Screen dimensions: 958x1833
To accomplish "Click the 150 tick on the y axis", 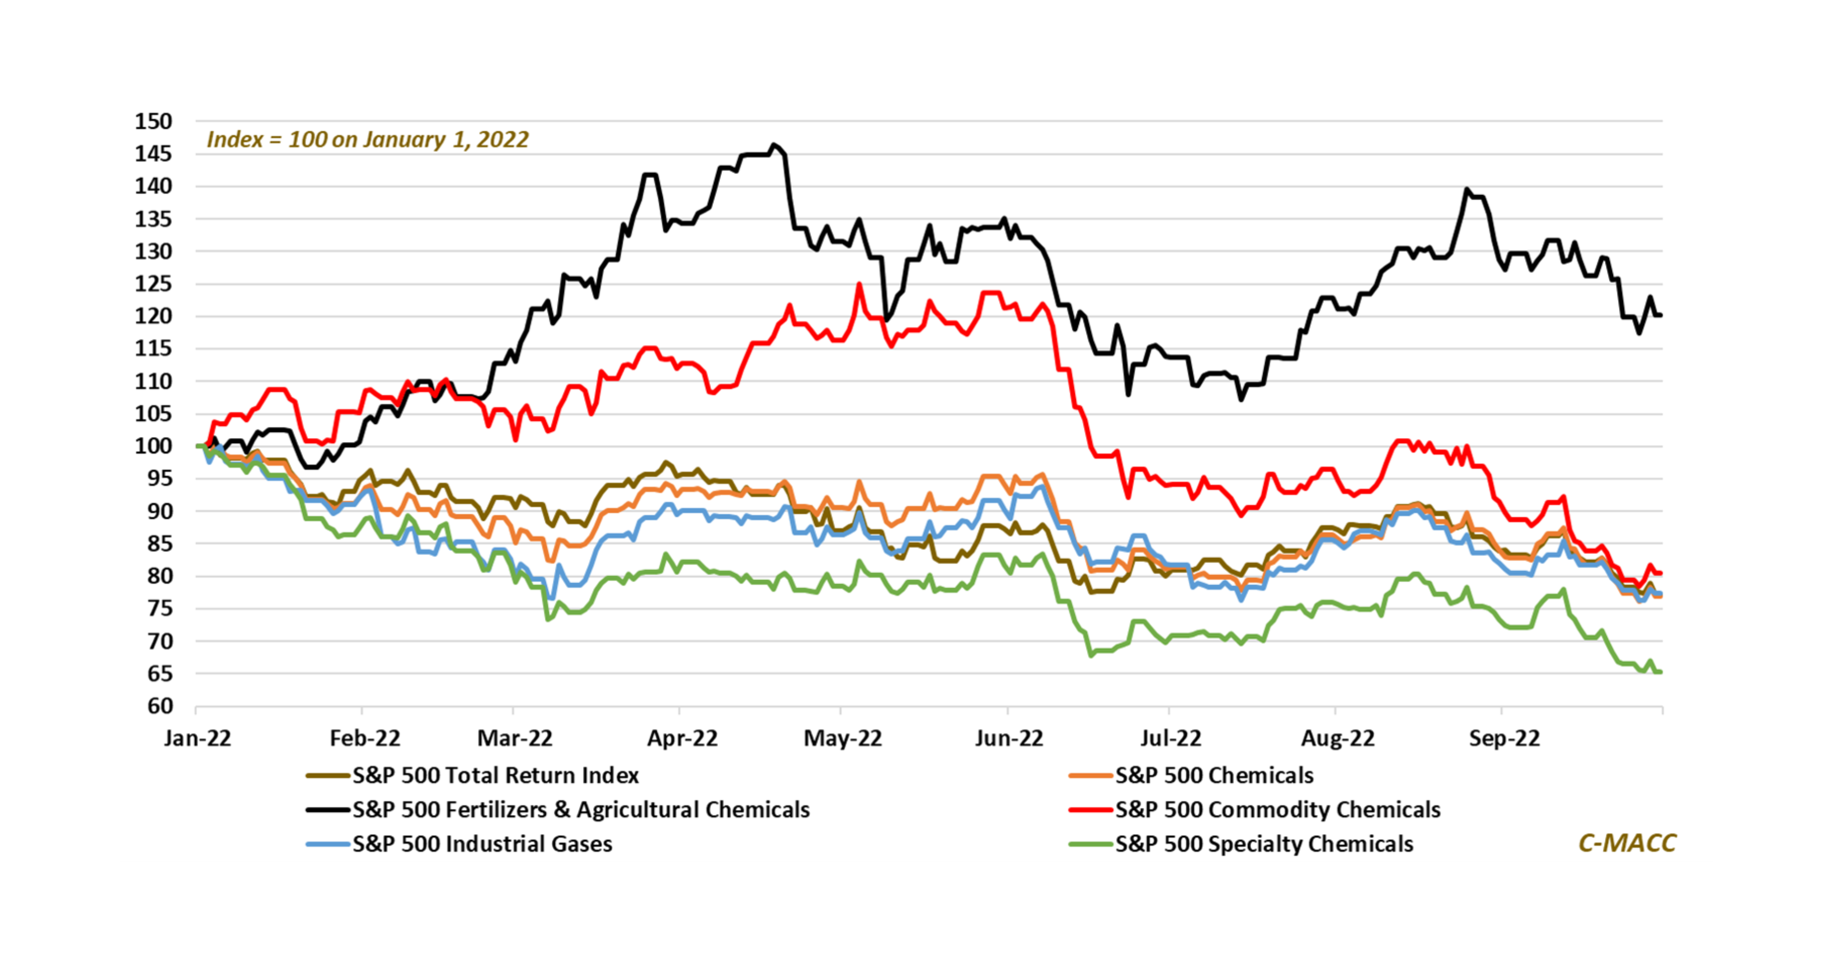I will point(154,122).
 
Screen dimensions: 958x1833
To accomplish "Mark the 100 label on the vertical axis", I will point(154,446).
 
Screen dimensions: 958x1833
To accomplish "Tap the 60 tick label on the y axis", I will point(160,706).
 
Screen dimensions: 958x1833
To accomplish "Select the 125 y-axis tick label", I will point(154,284).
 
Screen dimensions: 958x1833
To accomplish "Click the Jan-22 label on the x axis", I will point(197,738).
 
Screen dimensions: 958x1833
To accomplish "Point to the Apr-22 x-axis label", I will point(682,738).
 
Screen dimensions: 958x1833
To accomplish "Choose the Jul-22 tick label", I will point(1171,738).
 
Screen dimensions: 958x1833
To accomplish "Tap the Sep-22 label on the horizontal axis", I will point(1504,738).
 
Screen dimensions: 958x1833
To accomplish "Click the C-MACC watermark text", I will point(1627,843).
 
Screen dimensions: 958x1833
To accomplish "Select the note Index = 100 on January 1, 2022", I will point(367,140).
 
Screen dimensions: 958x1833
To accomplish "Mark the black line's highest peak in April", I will point(774,145).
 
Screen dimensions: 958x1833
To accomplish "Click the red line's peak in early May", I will point(859,285).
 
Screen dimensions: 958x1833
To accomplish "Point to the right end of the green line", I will point(1660,672).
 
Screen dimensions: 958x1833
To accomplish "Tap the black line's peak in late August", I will point(1466,189).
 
